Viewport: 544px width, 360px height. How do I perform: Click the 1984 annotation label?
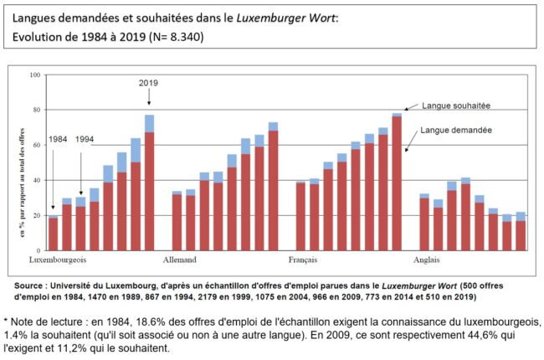tap(59, 139)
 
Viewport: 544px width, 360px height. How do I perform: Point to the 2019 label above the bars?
tap(149, 83)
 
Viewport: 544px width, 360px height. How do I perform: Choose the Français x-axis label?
tap(301, 260)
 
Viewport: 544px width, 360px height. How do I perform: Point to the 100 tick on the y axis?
tap(35, 75)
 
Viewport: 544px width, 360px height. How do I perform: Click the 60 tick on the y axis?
tap(37, 146)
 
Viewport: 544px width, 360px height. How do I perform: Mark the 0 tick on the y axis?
tap(39, 251)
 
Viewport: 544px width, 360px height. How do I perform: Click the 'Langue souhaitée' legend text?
tap(455, 105)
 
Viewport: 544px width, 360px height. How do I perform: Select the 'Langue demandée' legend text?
tap(455, 131)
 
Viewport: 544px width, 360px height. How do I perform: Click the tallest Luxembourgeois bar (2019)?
tap(149, 184)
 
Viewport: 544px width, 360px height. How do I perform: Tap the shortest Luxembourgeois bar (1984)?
tap(54, 234)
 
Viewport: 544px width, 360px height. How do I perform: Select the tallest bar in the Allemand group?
tap(273, 188)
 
